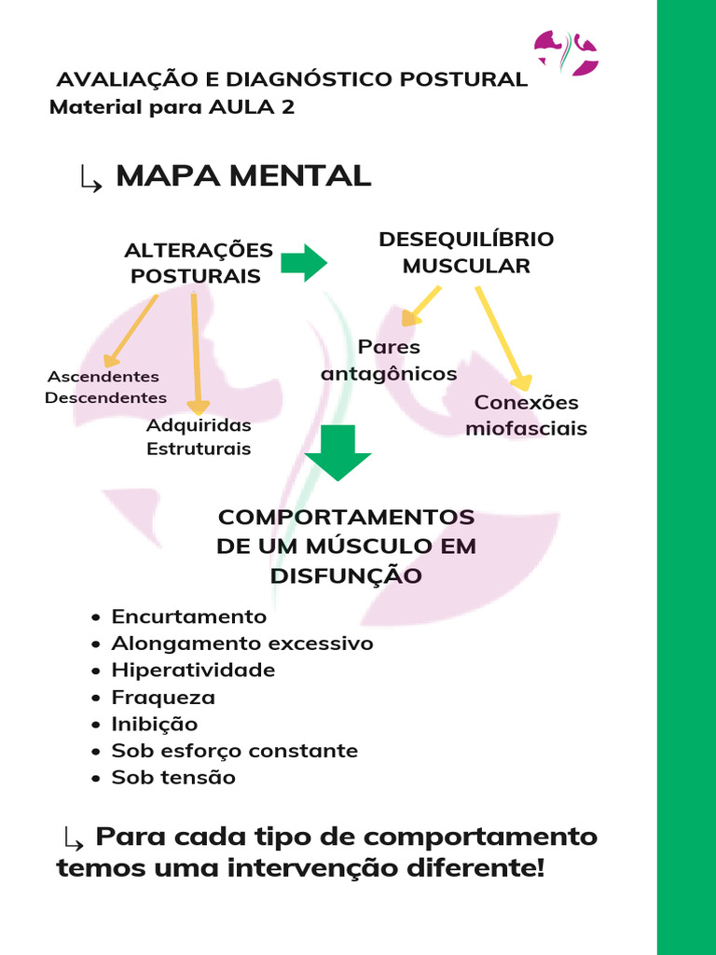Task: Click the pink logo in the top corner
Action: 566,52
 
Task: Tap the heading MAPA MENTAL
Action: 242,175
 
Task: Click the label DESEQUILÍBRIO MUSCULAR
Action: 466,253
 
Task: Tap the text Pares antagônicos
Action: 389,360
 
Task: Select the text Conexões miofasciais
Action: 526,416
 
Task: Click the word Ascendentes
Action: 103,377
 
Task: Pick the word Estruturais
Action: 199,449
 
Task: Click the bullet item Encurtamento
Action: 188,616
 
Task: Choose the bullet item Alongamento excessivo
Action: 241,644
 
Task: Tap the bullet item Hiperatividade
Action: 193,671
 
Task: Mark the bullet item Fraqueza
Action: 163,698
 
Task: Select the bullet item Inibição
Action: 154,724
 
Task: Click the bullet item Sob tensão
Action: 173,777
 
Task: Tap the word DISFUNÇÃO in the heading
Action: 346,576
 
